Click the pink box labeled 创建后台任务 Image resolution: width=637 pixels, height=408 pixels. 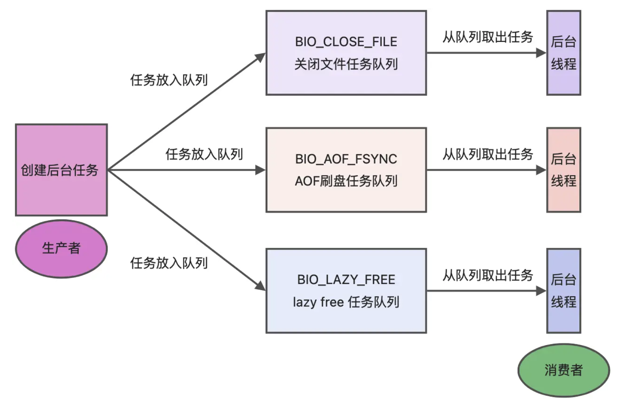(61, 170)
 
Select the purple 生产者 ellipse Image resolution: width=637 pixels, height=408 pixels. (61, 248)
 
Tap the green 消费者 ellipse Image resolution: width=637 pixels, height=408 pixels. (564, 370)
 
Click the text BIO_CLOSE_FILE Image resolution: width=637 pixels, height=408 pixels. (346, 42)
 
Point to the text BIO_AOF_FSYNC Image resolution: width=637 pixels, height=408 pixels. (346, 159)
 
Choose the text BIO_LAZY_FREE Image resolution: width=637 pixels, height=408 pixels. (346, 280)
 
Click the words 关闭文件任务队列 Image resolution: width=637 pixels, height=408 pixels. (346, 64)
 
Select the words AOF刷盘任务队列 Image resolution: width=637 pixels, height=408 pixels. (346, 181)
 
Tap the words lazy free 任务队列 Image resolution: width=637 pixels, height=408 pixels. (346, 302)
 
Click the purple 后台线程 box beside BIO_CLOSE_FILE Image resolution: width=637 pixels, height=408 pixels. (564, 53)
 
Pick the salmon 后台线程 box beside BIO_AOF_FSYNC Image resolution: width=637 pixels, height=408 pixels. (564, 170)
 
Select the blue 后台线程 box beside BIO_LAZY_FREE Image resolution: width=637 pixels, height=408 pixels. (564, 291)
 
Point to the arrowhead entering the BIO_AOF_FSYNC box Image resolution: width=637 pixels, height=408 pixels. (260, 170)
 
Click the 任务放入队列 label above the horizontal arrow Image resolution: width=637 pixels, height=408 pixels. (204, 154)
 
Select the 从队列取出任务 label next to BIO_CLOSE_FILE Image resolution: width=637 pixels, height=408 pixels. (488, 37)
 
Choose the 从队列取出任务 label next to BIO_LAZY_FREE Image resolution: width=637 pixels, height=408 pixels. (488, 276)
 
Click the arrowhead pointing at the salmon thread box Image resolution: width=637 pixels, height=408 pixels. (541, 170)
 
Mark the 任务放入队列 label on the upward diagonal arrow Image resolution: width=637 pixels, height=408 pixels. (169, 80)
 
